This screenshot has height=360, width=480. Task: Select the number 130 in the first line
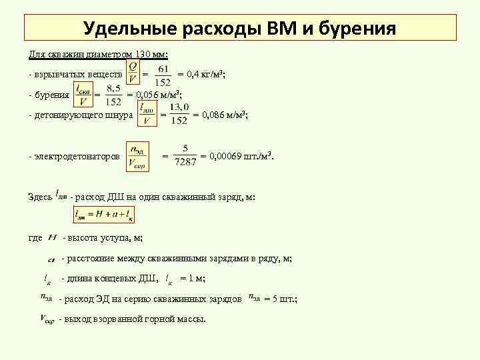point(145,53)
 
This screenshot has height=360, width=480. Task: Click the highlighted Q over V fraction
point(133,73)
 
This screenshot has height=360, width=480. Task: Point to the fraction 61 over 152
point(163,74)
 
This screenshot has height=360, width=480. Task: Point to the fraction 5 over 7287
point(185,155)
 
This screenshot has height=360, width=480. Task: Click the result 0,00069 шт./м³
point(242,156)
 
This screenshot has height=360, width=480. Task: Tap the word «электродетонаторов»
point(77,156)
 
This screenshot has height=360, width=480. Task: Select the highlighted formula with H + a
point(104,215)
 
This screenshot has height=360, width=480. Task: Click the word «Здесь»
point(40,197)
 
